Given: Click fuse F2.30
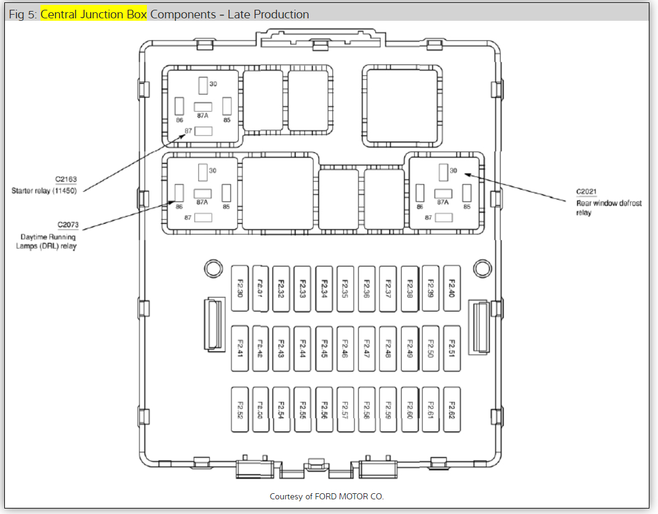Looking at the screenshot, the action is pos(239,288).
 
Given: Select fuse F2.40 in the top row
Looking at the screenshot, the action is pos(452,288).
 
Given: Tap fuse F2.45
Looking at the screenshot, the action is pos(324,348).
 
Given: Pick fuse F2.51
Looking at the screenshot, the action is pos(452,348).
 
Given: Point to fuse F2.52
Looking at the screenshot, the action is pos(239,409).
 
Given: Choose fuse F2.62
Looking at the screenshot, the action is pos(452,409).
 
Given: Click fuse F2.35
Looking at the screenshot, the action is pos(345,288).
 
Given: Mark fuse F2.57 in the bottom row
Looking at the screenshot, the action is pos(345,409).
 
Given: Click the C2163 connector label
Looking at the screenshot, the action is pos(66,180).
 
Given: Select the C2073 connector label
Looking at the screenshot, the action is pos(67,225).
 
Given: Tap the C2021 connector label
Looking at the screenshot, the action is pos(586,191).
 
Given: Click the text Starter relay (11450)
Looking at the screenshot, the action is pos(47,191).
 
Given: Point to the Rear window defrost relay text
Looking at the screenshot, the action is pos(608,208).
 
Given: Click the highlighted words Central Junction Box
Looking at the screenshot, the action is pos(94,14).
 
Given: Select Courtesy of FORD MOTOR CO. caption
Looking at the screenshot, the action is pos(327,496).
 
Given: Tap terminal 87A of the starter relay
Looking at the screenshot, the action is pos(203,107).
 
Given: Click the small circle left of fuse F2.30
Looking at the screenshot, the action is pos(212,268).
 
